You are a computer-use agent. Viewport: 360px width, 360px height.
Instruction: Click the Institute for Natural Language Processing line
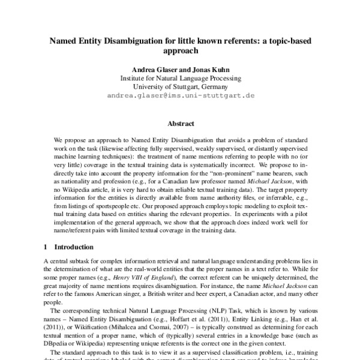[180, 78]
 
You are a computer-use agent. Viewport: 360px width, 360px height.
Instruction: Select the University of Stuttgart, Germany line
[180, 86]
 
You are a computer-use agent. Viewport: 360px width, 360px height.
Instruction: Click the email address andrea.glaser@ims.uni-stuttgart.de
[181, 95]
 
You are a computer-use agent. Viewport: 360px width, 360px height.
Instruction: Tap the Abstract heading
[180, 124]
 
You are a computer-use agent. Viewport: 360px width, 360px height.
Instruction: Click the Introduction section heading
[79, 247]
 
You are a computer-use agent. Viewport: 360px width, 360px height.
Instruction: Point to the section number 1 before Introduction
[47, 247]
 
